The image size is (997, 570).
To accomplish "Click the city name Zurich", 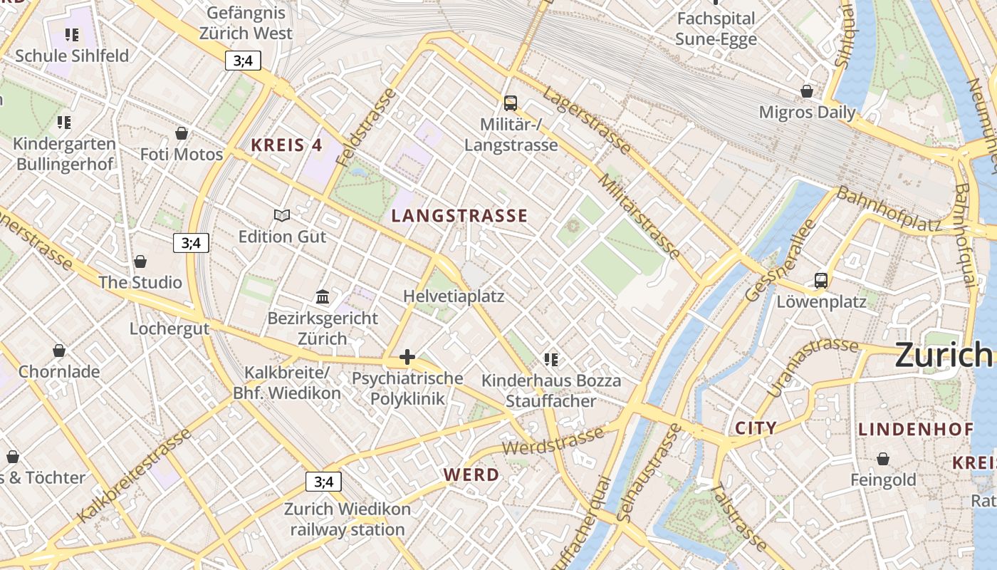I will (943, 354).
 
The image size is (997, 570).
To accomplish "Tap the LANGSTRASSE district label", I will (460, 216).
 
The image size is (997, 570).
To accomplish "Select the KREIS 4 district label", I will (286, 145).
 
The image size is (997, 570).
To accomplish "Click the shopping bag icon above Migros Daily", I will (807, 91).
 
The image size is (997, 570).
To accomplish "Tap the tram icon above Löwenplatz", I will (821, 281).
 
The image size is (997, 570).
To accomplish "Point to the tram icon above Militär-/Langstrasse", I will (511, 103).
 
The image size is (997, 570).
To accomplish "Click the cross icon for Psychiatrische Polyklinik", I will (407, 357).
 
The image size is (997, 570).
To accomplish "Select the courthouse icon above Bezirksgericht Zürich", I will (323, 296).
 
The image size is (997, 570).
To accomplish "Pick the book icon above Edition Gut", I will (282, 215).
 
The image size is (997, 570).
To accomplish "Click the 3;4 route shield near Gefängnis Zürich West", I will (243, 61).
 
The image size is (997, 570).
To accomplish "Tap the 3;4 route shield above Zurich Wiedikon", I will (323, 482).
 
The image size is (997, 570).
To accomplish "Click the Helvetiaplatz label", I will (454, 296).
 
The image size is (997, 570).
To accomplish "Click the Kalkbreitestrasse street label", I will (135, 475).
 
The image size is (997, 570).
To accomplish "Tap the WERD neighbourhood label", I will (471, 475).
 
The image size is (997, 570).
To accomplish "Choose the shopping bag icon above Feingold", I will (883, 459).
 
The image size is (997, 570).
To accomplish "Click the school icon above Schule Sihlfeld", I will (71, 34).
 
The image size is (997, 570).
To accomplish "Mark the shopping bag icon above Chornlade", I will (59, 351).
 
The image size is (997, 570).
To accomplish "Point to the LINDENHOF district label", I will (915, 429).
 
